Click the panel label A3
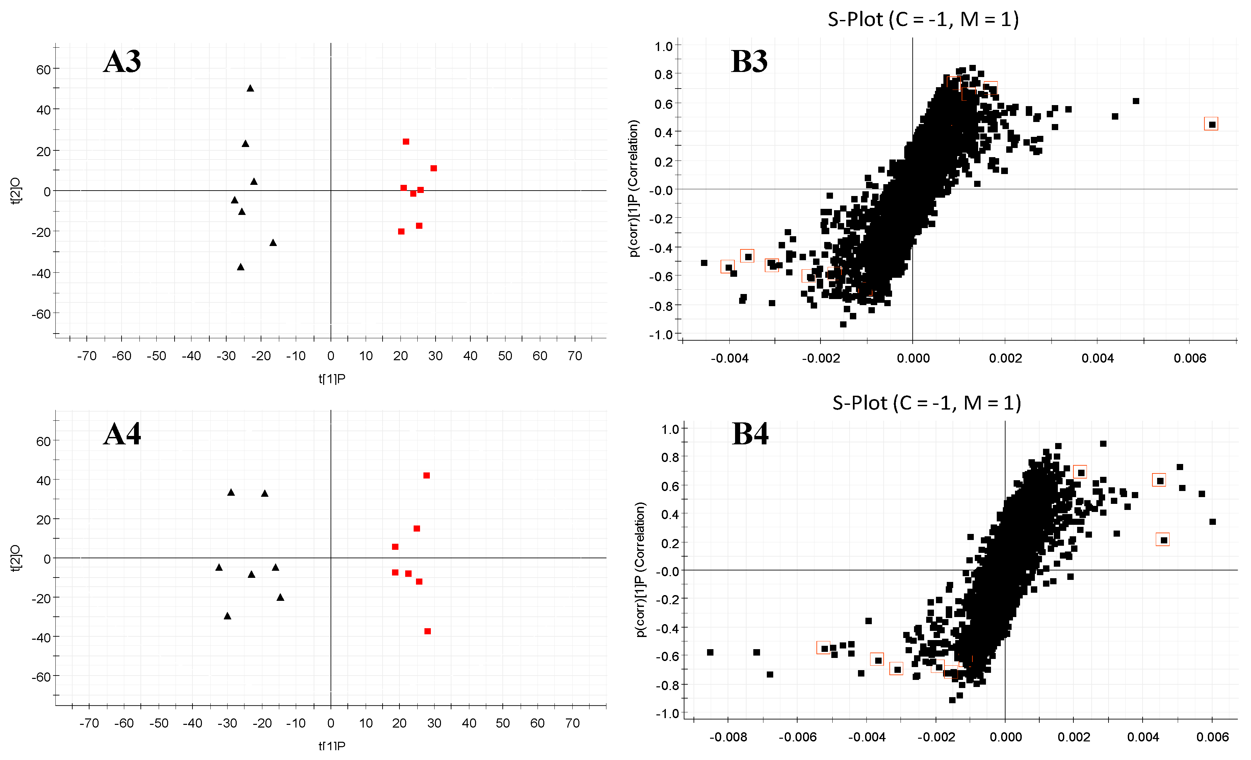[x=122, y=62]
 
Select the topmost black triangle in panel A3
[x=250, y=89]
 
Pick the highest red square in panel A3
[x=406, y=142]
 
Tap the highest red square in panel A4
[x=426, y=475]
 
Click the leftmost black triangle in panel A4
[x=219, y=567]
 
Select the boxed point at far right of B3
[x=1212, y=124]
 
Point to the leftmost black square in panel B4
[x=710, y=652]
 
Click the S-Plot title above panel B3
[x=923, y=19]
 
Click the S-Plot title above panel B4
[x=926, y=403]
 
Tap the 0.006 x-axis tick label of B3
[x=1190, y=358]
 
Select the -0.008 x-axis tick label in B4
[x=728, y=737]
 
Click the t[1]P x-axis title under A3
[x=332, y=378]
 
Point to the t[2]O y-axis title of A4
[x=16, y=558]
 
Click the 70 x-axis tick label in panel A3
[x=574, y=356]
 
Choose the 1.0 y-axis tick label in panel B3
[x=663, y=47]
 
